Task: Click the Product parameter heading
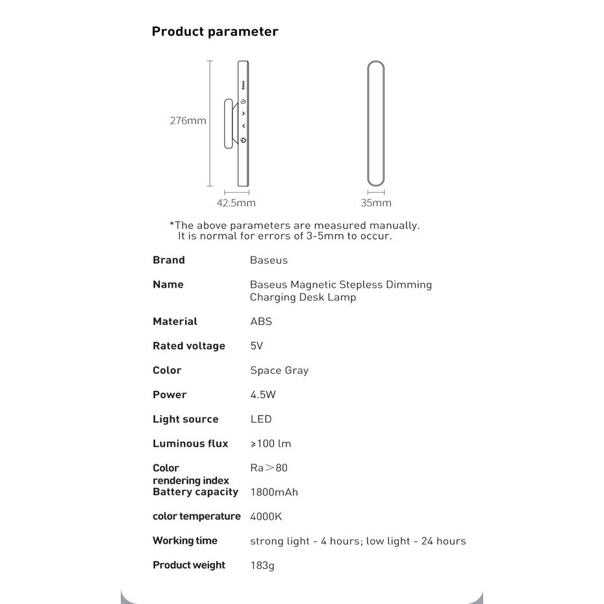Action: click(x=214, y=32)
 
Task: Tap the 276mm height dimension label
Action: click(x=188, y=121)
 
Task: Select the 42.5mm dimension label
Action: click(x=236, y=203)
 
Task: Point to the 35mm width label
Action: click(x=376, y=203)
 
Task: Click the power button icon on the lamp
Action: click(x=243, y=140)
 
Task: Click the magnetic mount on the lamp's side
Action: click(x=230, y=123)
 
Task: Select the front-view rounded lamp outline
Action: click(x=376, y=122)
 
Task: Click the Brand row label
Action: click(x=169, y=260)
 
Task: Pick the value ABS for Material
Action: click(x=261, y=321)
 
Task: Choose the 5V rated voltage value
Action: click(x=257, y=346)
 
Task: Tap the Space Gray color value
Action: click(x=279, y=371)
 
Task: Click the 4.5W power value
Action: click(x=263, y=395)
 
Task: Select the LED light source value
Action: click(x=261, y=420)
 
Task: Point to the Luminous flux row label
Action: click(x=190, y=444)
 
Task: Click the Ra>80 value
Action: click(x=268, y=468)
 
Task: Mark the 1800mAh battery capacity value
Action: click(x=274, y=492)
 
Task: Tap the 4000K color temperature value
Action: click(x=266, y=517)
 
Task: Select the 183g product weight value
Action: click(x=262, y=566)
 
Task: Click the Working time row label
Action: click(x=185, y=541)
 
